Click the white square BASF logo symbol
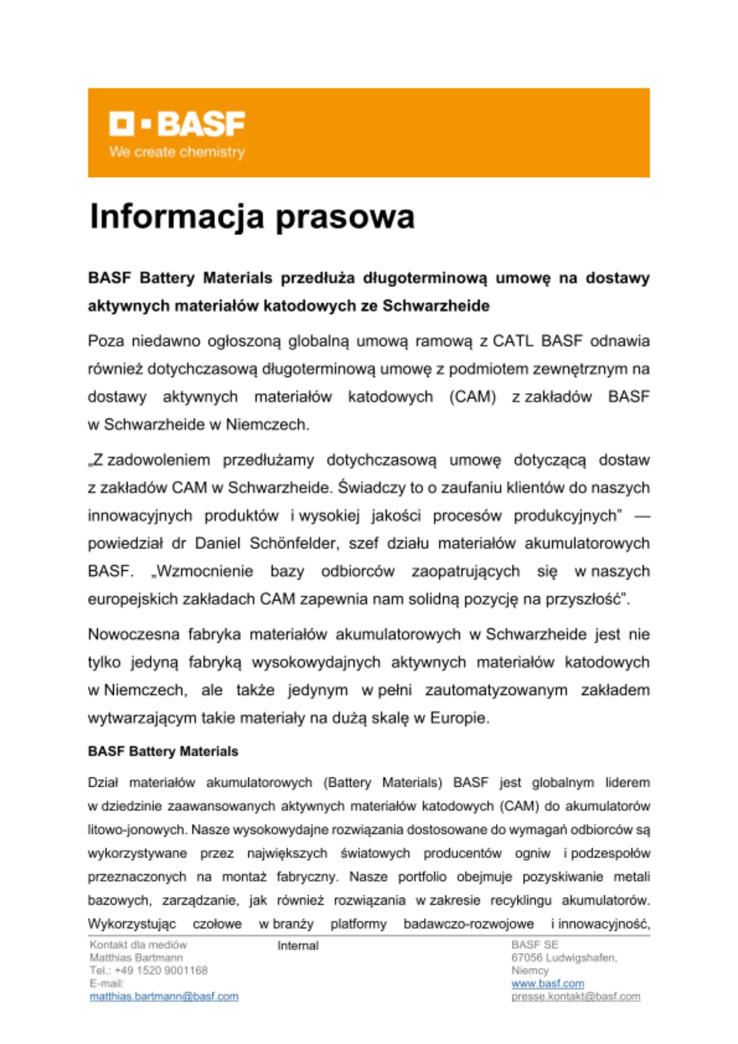point(122,124)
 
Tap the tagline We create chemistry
point(177,152)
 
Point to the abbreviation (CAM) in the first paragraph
point(472,397)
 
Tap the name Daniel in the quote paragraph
point(218,543)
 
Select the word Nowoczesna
point(133,634)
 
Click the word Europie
point(459,718)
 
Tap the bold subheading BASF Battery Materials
point(163,751)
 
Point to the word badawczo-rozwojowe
point(468,924)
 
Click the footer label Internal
point(297,946)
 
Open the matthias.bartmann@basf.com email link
point(164,996)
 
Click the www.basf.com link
point(547,983)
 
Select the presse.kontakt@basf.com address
point(576,996)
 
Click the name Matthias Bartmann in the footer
point(136,957)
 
